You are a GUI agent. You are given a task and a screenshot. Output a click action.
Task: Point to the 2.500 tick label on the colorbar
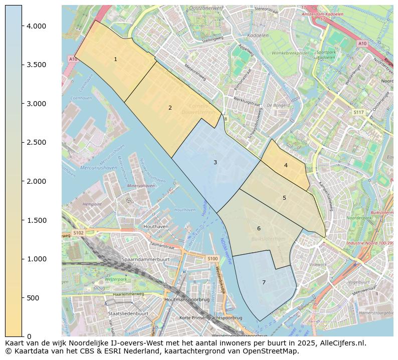tap(36, 143)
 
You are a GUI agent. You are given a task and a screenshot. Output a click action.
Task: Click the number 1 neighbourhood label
tap(115, 59)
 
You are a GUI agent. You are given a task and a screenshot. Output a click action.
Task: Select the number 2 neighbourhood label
tap(170, 108)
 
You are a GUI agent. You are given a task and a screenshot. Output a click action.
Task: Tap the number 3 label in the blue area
tap(215, 162)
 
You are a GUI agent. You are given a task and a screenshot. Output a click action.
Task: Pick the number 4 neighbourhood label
tap(286, 165)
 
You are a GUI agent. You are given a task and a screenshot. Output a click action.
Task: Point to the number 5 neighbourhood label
tap(284, 198)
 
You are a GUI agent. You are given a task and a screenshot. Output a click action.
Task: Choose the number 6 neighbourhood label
tap(259, 228)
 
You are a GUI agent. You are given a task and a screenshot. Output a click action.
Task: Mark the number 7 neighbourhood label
tap(264, 282)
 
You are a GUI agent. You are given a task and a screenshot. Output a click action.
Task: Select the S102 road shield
tap(78, 233)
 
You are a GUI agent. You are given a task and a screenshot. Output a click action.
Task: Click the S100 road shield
tap(213, 258)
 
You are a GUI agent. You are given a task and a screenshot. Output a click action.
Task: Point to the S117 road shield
tap(358, 113)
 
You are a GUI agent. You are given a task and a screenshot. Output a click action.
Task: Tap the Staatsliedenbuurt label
tap(128, 313)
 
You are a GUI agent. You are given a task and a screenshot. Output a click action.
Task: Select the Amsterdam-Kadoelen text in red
tap(322, 15)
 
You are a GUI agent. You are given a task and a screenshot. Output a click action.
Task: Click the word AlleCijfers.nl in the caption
tap(341, 343)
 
